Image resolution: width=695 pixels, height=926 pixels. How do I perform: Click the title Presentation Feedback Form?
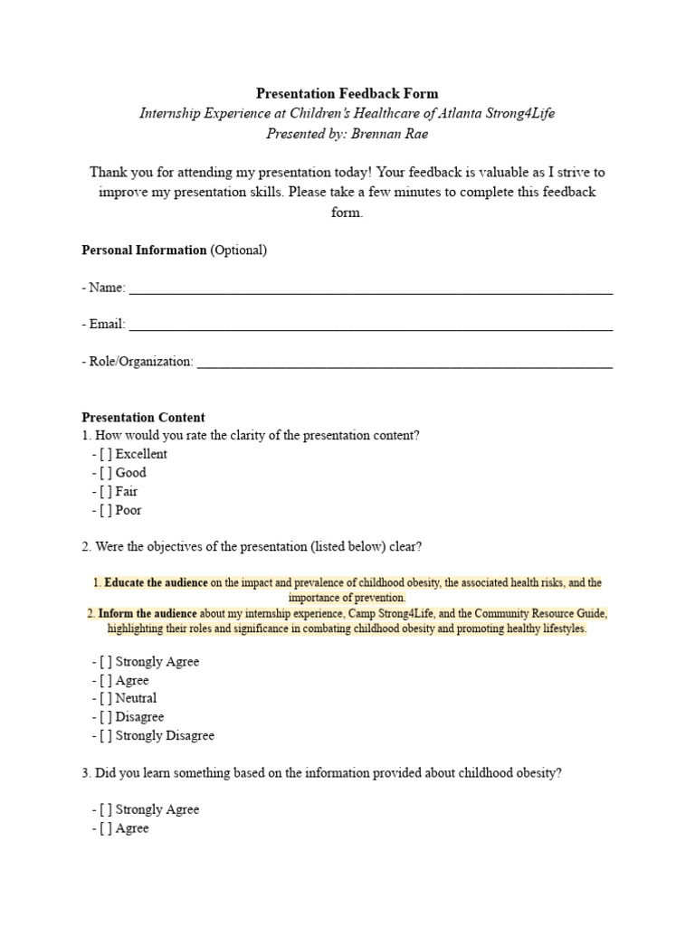tap(347, 93)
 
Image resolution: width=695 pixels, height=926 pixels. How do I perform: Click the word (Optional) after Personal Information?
tap(239, 250)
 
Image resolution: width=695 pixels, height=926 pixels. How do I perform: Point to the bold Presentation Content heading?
tap(143, 418)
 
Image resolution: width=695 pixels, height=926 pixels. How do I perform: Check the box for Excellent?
tap(106, 455)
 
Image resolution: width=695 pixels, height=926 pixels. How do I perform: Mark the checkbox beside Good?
tap(106, 473)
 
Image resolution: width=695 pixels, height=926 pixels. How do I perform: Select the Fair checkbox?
tap(106, 492)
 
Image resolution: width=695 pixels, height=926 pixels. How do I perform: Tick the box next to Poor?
tap(106, 510)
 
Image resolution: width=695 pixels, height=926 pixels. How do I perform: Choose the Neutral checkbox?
tap(106, 699)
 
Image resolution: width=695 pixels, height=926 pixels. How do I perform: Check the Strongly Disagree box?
tap(106, 736)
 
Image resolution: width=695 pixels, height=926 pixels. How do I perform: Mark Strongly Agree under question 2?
tap(106, 662)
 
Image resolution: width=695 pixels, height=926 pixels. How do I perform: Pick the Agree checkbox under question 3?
tap(106, 828)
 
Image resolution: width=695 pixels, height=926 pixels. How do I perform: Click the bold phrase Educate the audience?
tap(156, 583)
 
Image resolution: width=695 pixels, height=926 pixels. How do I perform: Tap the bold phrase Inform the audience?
tap(148, 614)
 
